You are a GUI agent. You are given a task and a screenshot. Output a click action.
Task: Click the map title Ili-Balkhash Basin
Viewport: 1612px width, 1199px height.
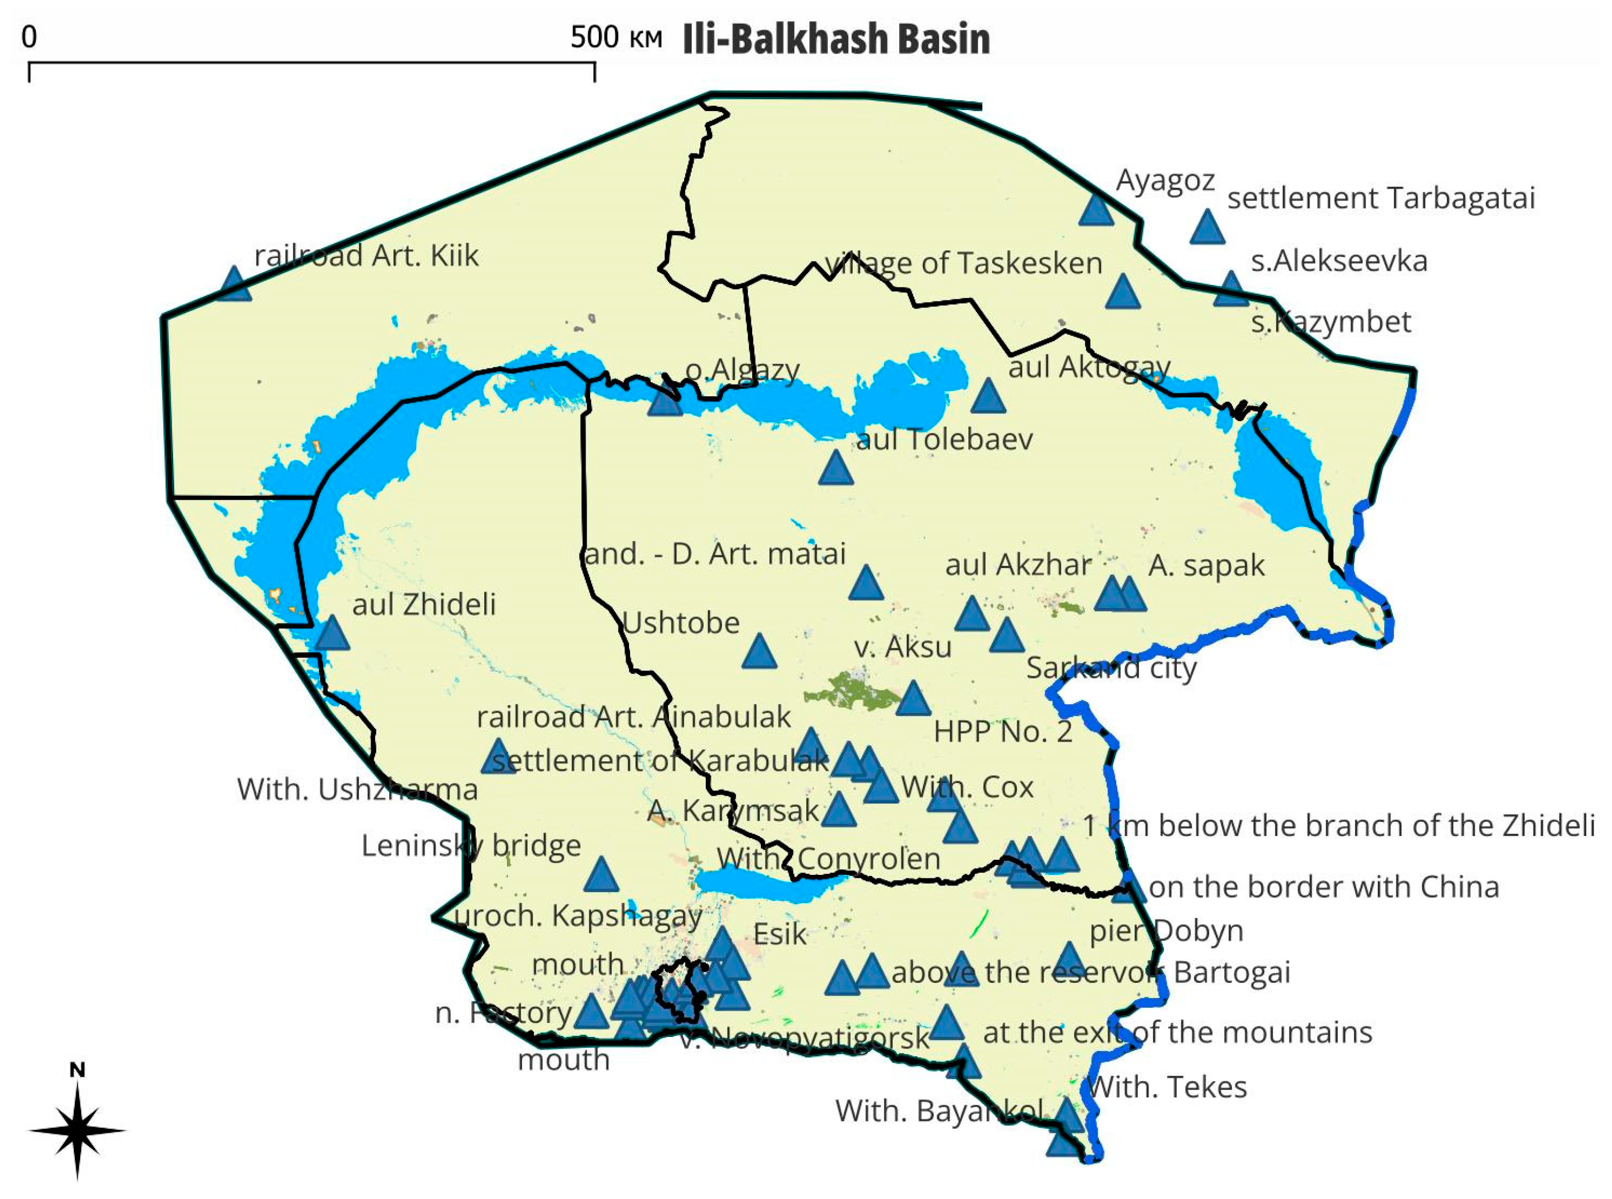836,39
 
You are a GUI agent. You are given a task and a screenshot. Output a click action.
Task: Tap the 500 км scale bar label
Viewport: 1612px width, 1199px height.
615,37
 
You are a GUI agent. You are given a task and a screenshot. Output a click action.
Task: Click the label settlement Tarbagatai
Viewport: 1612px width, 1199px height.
1380,198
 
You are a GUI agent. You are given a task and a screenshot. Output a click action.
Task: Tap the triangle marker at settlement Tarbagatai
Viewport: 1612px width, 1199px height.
1208,228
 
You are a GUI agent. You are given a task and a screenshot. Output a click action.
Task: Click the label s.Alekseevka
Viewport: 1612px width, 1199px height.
1338,260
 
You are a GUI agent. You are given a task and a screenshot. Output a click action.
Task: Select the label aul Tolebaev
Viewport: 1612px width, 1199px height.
944,439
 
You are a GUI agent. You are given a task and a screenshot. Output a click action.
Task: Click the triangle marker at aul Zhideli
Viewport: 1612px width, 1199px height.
332,634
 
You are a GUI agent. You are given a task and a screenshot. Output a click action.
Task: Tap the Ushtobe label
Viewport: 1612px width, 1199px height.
681,623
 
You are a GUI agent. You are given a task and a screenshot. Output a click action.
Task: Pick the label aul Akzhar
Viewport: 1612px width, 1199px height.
1018,564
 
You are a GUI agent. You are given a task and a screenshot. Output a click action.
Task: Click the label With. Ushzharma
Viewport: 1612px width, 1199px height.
357,790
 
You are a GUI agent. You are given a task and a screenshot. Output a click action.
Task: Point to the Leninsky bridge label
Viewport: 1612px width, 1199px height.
471,846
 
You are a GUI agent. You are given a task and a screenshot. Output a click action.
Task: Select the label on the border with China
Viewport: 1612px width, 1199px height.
1324,887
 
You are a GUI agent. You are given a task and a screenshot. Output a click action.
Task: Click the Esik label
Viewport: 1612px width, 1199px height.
779,934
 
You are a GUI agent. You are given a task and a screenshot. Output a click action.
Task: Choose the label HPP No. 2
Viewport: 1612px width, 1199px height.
1002,732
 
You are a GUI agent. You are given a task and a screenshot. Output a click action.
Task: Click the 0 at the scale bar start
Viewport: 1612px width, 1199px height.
29,37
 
